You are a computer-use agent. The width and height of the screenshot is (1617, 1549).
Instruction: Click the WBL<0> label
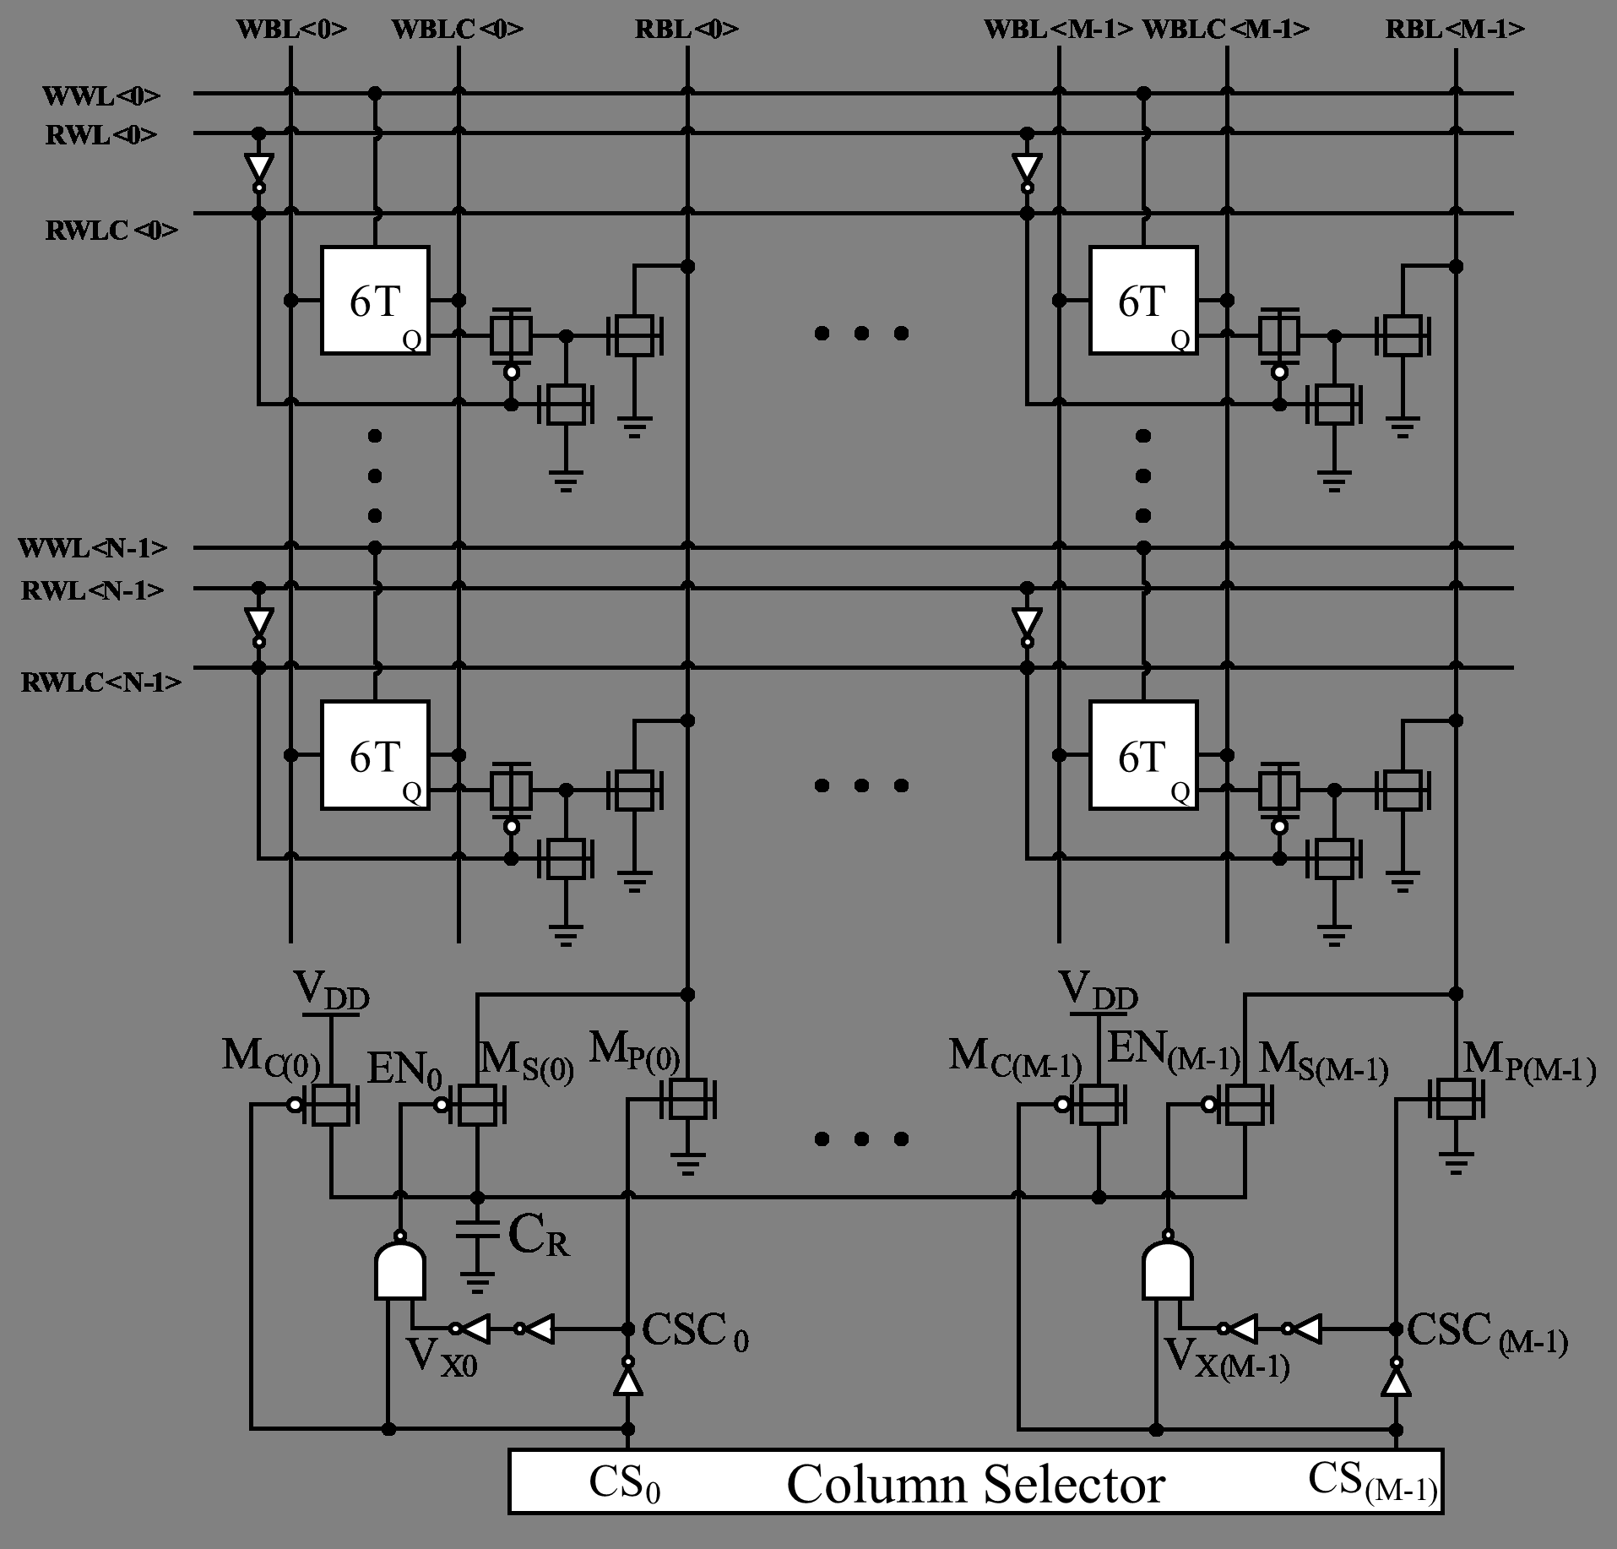pyautogui.click(x=291, y=29)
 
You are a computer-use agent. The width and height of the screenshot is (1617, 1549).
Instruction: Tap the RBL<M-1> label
pyautogui.click(x=1455, y=29)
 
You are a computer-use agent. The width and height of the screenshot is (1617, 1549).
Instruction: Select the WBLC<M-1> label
pyautogui.click(x=1226, y=29)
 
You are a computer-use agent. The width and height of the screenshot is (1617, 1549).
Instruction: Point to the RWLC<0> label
pyautogui.click(x=111, y=230)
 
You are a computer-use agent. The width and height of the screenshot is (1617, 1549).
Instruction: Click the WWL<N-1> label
pyautogui.click(x=93, y=548)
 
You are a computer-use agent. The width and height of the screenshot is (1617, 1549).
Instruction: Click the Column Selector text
pyautogui.click(x=975, y=1484)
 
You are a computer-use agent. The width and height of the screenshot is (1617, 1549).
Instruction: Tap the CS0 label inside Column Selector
pyautogui.click(x=624, y=1484)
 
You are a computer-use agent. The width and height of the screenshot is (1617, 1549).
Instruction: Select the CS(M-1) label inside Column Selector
pyautogui.click(x=1372, y=1482)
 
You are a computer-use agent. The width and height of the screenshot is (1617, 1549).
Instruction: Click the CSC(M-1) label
pyautogui.click(x=1487, y=1334)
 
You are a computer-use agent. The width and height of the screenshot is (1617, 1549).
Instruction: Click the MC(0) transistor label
pyautogui.click(x=271, y=1059)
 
